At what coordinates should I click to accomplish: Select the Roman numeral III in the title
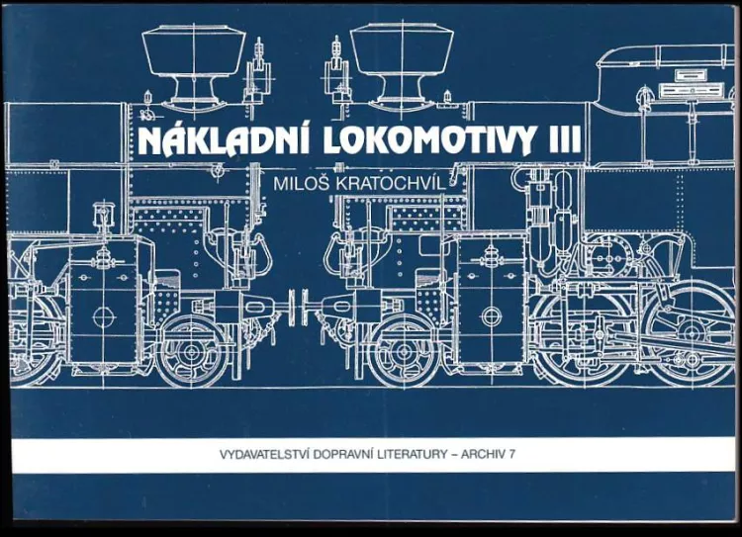(564, 139)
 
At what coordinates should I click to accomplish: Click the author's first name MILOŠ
(302, 184)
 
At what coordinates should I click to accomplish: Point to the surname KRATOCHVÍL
(391, 184)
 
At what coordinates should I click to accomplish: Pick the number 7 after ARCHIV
(511, 454)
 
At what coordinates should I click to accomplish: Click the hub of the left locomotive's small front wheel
(192, 351)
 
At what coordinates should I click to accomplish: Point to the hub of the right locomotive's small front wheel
(403, 351)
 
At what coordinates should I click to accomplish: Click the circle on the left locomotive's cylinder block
(105, 317)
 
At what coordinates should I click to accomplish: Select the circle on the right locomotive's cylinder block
(491, 317)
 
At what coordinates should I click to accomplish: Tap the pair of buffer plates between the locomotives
(297, 307)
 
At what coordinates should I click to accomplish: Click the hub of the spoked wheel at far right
(692, 330)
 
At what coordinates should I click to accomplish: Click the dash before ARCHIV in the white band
(455, 455)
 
